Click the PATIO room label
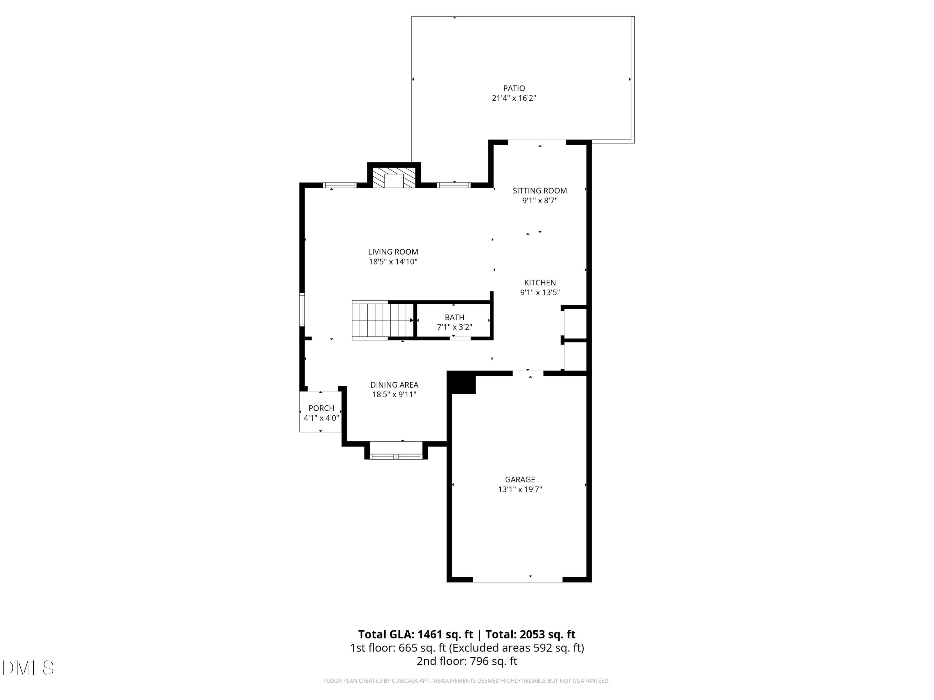point(514,88)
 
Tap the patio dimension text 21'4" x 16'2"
point(514,98)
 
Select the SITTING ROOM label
point(540,191)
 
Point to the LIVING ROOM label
point(393,252)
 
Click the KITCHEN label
point(540,283)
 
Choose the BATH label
point(454,317)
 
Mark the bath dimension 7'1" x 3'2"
point(454,327)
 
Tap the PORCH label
point(321,408)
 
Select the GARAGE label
point(520,479)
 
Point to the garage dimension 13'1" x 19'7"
point(520,489)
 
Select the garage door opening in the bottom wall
point(518,580)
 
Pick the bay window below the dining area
point(396,456)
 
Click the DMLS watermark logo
point(28,668)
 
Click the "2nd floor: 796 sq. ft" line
point(467,661)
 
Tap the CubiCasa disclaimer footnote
point(467,681)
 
